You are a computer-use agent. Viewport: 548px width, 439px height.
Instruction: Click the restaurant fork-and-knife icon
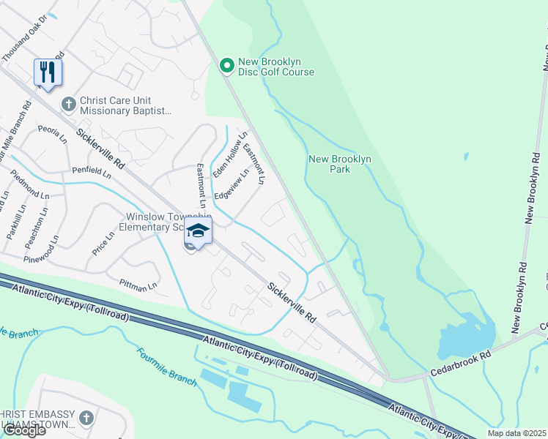point(48,72)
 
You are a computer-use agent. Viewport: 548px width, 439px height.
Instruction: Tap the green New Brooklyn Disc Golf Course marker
point(227,66)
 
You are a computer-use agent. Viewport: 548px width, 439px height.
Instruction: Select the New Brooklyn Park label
point(340,164)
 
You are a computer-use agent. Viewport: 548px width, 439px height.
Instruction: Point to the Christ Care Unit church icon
point(69,105)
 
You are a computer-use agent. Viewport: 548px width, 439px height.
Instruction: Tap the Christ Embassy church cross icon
point(86,418)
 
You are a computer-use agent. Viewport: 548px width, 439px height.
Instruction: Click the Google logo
point(23,430)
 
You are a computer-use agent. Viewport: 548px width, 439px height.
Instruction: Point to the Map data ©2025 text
point(516,433)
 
